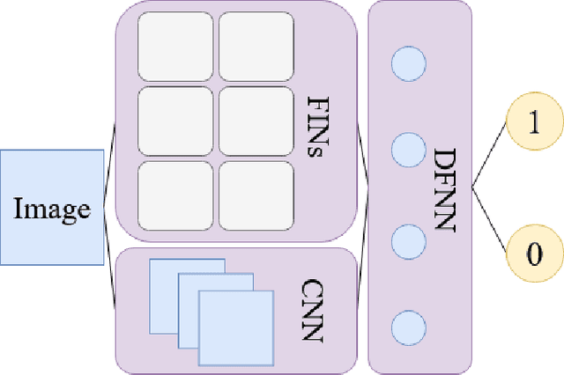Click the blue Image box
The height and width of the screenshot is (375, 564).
(52, 208)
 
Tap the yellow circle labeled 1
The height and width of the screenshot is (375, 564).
(532, 124)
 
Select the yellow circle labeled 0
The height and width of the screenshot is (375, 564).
(532, 254)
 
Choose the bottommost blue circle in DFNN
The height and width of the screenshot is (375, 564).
(408, 327)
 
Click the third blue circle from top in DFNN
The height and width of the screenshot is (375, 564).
(408, 239)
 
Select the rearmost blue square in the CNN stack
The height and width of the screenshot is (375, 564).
(163, 273)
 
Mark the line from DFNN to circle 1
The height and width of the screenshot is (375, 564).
(490, 160)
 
